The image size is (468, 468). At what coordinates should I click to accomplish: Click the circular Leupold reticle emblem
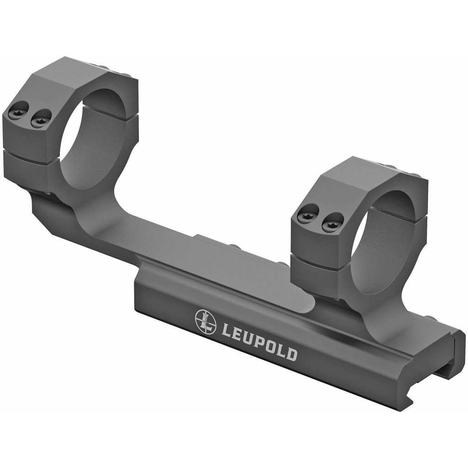pyautogui.click(x=206, y=322)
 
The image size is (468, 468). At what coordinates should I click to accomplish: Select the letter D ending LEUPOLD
pyautogui.click(x=291, y=355)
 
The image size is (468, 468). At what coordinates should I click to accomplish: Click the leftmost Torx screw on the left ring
pyautogui.click(x=19, y=111)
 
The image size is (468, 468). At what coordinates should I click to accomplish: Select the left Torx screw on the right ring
pyautogui.click(x=308, y=214)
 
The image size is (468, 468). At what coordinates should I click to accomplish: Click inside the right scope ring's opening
pyautogui.click(x=384, y=242)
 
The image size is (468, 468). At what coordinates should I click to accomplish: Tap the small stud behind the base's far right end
pyautogui.click(x=430, y=318)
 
